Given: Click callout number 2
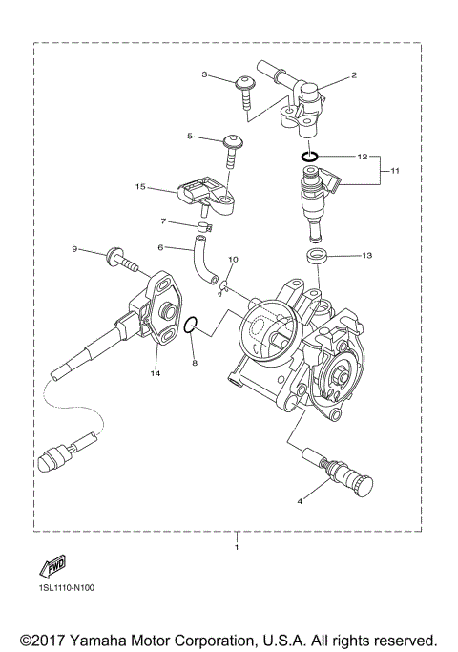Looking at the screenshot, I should [x=354, y=74].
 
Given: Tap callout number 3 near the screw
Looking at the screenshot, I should [x=204, y=74].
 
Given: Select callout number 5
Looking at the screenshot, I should [x=191, y=137].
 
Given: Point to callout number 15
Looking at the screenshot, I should [x=140, y=187].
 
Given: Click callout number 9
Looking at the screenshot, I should [x=73, y=249].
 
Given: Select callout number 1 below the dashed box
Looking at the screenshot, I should [x=237, y=549].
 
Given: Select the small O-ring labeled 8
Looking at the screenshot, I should [x=192, y=326].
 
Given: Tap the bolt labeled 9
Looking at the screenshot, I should [x=119, y=256].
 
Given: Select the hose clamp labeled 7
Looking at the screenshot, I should [x=203, y=226].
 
